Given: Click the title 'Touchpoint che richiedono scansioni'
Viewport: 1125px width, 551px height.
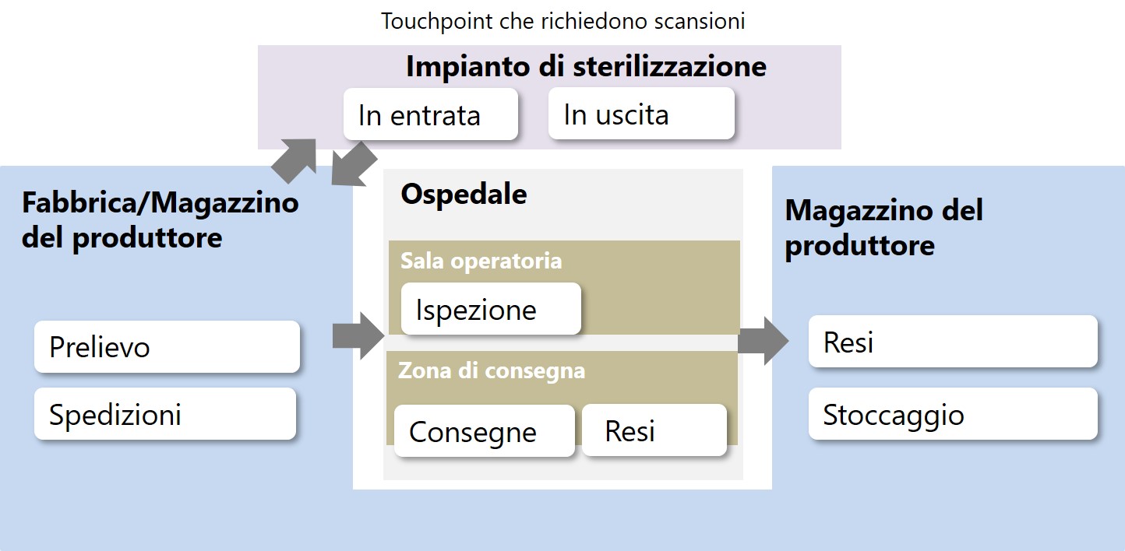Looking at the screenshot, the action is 563,21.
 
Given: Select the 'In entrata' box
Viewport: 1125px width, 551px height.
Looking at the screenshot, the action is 430,114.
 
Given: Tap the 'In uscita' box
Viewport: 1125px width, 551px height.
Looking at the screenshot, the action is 641,114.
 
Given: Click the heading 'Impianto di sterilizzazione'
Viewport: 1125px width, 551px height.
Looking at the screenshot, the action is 586,66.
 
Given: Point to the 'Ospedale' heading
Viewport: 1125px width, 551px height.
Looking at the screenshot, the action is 464,195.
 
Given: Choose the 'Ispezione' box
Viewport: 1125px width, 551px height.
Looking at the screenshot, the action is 491,309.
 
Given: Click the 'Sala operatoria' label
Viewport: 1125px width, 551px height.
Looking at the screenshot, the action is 481,261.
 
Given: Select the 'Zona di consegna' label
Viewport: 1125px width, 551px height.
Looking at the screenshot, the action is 492,371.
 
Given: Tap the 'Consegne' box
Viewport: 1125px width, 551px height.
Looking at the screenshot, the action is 484,430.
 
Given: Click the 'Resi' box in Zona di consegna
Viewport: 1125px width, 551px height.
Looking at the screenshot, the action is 654,430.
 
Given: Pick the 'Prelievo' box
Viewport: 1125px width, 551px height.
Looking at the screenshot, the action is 167,347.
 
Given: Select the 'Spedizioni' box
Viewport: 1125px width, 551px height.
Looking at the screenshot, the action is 164,414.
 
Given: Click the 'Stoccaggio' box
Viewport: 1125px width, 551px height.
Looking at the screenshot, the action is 953,414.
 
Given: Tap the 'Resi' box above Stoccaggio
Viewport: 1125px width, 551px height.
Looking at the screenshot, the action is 953,341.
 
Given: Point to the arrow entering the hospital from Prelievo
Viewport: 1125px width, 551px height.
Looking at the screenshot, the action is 358,335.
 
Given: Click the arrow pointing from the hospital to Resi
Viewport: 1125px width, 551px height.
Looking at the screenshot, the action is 763,341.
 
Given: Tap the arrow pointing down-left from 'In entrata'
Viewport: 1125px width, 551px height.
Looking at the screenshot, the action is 353,164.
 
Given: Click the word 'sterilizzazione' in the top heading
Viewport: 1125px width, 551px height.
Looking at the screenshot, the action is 669,66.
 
